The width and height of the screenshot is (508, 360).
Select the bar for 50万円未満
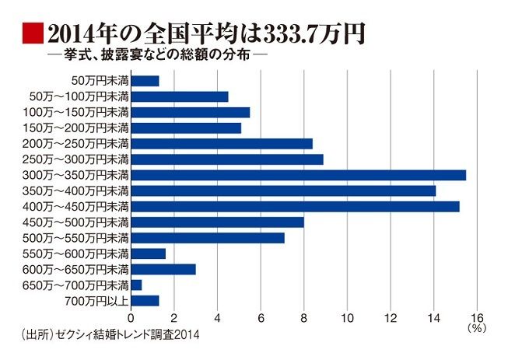click(x=145, y=81)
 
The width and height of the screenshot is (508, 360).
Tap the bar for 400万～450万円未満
click(x=295, y=206)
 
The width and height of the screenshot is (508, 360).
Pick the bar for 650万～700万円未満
click(x=136, y=285)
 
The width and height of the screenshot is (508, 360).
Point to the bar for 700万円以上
click(x=145, y=300)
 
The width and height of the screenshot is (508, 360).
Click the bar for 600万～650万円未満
click(x=163, y=269)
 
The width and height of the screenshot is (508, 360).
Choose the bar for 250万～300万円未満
click(x=227, y=159)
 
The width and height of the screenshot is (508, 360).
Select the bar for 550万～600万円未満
click(x=149, y=253)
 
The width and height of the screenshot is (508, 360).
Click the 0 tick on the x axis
click(x=131, y=318)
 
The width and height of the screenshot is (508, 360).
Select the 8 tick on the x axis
click(x=304, y=318)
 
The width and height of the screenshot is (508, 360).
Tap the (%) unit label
click(x=477, y=329)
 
